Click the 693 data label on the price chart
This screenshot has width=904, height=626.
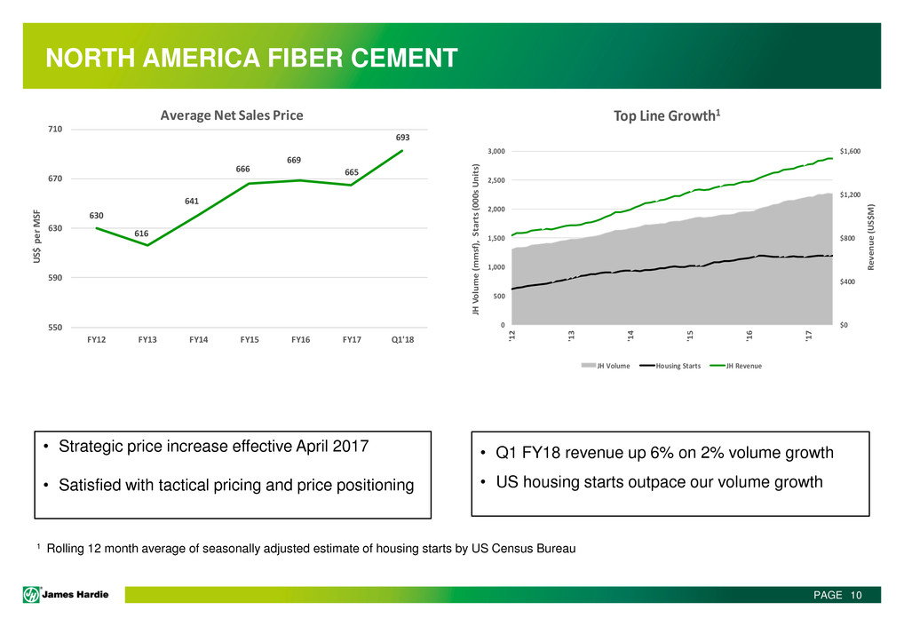403,138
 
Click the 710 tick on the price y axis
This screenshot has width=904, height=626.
55,130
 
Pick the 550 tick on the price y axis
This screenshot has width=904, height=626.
55,328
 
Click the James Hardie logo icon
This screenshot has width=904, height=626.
32,594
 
